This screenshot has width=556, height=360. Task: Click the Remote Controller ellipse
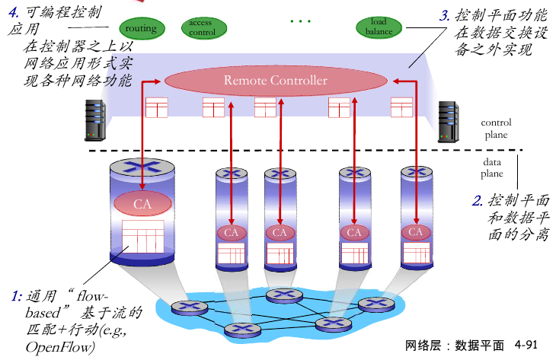point(275,80)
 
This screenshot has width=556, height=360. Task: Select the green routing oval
point(141,29)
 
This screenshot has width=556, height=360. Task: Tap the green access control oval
point(202,28)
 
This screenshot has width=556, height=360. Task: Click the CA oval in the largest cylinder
point(142,204)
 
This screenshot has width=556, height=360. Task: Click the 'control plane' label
point(496,129)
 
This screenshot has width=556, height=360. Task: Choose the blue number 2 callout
point(478,201)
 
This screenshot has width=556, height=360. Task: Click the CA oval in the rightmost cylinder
point(416,231)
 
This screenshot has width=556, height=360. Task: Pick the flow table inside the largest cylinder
point(142,237)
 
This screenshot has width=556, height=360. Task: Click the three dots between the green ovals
point(301,21)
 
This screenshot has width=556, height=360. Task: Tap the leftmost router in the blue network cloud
point(184,307)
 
